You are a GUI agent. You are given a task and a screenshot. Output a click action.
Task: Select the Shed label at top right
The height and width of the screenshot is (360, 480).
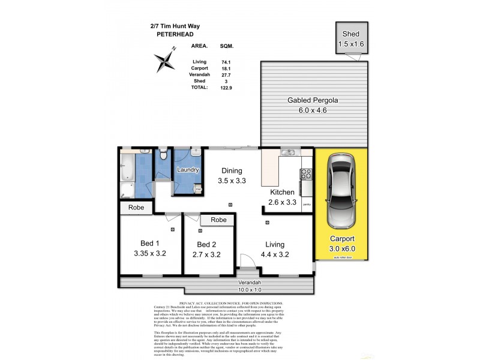click(351, 34)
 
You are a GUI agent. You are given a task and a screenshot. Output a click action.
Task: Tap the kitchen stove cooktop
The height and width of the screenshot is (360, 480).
click(305, 175)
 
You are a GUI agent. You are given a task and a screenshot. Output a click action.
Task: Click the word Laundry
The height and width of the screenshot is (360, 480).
click(188, 170)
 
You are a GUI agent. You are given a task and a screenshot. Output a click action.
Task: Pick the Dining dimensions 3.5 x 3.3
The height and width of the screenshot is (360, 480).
click(231, 181)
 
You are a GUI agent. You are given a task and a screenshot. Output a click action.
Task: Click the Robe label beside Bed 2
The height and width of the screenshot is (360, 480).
click(218, 220)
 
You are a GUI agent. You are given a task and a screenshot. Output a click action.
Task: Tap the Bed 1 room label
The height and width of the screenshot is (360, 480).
click(149, 243)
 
